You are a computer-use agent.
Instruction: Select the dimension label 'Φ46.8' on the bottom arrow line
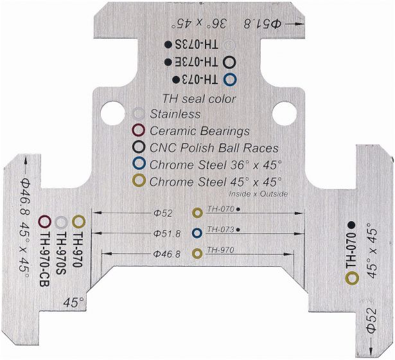tap(167, 254)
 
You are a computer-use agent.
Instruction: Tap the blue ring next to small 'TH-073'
tap(197, 232)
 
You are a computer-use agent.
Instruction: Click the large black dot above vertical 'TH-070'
tap(351, 224)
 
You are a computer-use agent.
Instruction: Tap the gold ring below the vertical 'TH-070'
tap(351, 278)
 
